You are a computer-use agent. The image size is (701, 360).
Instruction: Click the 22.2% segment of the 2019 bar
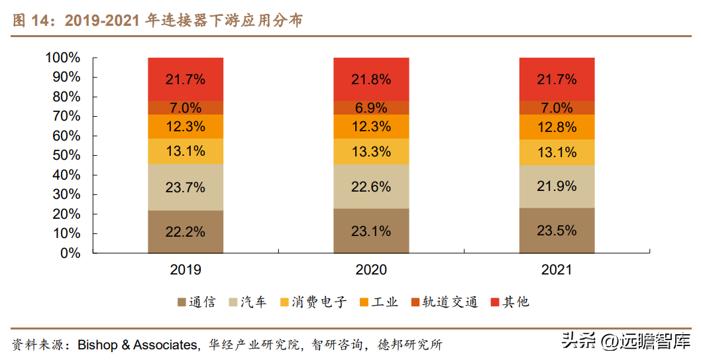click(x=186, y=232)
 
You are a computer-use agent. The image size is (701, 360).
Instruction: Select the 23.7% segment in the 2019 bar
click(x=186, y=187)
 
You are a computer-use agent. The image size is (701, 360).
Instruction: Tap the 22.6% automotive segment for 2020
click(x=371, y=187)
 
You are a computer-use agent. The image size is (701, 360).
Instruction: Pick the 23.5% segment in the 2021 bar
click(x=557, y=231)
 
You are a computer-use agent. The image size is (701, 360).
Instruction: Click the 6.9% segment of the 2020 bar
click(x=371, y=108)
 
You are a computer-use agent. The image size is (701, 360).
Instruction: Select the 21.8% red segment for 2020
click(x=371, y=79)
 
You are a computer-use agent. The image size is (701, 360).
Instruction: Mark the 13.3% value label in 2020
click(x=371, y=151)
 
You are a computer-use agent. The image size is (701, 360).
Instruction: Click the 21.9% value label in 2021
click(x=557, y=186)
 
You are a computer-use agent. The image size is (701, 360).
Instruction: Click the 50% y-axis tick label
click(x=66, y=156)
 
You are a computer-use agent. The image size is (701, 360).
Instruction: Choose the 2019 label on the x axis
click(x=186, y=270)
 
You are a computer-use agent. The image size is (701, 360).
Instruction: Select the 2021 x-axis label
click(x=557, y=270)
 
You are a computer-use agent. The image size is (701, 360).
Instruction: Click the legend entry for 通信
click(x=196, y=302)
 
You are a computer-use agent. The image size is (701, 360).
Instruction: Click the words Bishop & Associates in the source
click(x=138, y=345)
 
